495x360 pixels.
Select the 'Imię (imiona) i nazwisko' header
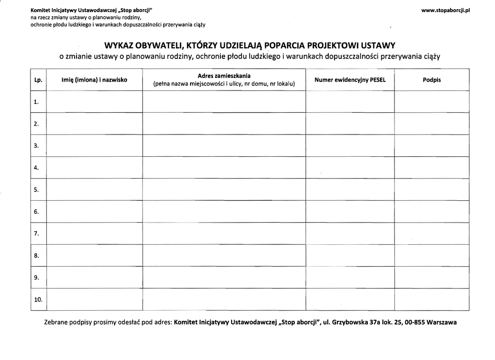pyautogui.click(x=95, y=80)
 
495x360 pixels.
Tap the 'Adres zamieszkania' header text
pyautogui.click(x=224, y=76)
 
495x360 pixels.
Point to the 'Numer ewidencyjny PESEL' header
pyautogui.click(x=350, y=80)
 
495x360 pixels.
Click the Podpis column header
pyautogui.click(x=432, y=80)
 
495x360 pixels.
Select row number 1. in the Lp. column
pyautogui.click(x=37, y=102)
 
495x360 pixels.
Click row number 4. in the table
pyautogui.click(x=37, y=168)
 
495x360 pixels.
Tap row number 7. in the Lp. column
pyautogui.click(x=37, y=234)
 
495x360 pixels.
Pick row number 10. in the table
pyautogui.click(x=38, y=300)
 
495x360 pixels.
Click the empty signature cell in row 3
pyautogui.click(x=432, y=146)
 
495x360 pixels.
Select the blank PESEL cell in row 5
pyautogui.click(x=350, y=190)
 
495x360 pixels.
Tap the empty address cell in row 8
pyautogui.click(x=224, y=255)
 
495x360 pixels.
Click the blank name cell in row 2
pyautogui.click(x=95, y=124)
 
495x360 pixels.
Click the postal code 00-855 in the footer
pyautogui.click(x=413, y=323)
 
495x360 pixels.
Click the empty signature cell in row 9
pyautogui.click(x=432, y=277)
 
